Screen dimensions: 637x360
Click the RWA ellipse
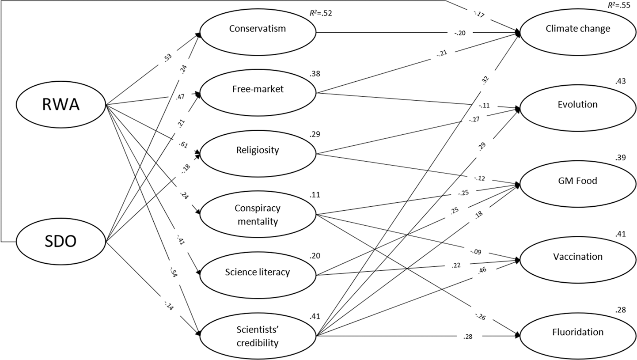(61, 105)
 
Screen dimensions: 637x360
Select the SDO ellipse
(61, 242)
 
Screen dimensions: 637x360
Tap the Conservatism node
(258, 32)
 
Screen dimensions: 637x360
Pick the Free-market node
(258, 92)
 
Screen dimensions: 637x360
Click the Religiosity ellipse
(258, 154)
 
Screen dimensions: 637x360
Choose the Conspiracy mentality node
(258, 214)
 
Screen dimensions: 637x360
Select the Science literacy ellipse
(258, 275)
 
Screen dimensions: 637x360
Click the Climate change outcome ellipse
(578, 32)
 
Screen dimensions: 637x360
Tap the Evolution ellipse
(578, 108)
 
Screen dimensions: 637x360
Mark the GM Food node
(578, 184)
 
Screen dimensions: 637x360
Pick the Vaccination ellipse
(578, 260)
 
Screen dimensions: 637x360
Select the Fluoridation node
(578, 336)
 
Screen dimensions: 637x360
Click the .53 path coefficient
(168, 57)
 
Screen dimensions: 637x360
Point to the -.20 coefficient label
(459, 33)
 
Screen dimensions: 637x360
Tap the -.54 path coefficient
(173, 272)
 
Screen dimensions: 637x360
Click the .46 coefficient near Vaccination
(482, 269)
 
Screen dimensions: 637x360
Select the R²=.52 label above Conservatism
(321, 13)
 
